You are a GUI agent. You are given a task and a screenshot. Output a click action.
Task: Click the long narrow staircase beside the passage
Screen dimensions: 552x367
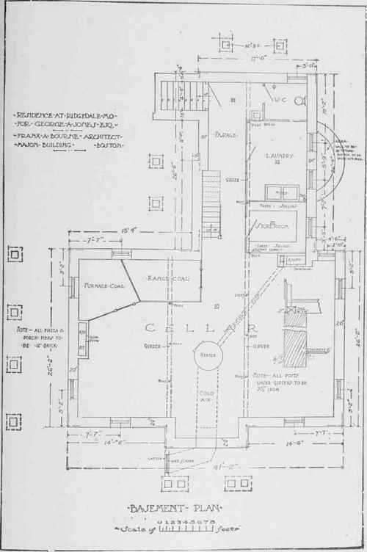click(x=211, y=202)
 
